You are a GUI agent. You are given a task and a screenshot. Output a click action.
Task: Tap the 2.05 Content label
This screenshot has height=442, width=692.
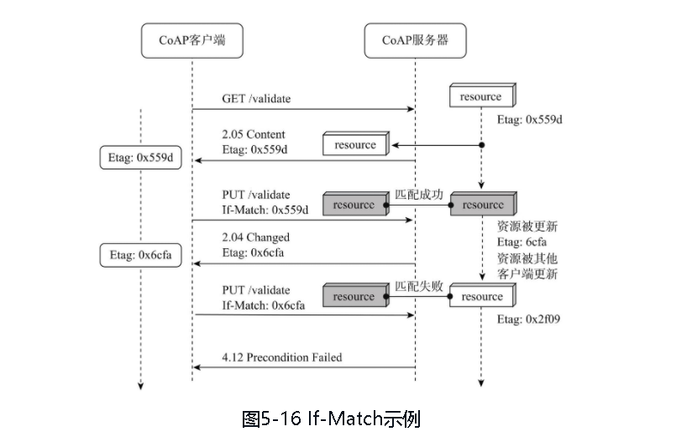[x=254, y=134]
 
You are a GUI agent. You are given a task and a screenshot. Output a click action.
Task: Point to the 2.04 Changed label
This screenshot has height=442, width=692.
[x=256, y=237]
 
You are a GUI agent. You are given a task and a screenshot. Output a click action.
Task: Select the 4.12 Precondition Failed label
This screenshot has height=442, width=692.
[x=282, y=357]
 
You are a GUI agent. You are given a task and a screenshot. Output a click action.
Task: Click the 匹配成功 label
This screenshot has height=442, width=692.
[x=418, y=194]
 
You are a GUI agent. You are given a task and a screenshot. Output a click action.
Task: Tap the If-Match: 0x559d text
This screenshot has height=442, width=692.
[x=265, y=209]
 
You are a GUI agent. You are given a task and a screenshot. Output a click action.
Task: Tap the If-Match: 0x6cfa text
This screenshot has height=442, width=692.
[x=264, y=306]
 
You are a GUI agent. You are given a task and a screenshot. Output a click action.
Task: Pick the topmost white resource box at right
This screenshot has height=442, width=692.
[x=480, y=96]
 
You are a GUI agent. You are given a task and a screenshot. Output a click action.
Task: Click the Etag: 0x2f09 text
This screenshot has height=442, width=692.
[x=529, y=320]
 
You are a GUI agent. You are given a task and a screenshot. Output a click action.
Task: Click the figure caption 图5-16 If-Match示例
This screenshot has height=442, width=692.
[x=330, y=419]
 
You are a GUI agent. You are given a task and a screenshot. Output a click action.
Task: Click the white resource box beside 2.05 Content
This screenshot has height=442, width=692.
[x=355, y=145]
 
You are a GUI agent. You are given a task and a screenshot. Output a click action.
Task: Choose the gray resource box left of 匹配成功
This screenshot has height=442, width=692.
[x=354, y=205]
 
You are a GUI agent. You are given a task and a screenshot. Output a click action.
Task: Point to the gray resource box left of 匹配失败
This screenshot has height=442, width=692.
[x=354, y=297]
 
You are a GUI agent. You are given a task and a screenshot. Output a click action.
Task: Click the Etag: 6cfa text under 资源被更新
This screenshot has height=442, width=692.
[x=522, y=242]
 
